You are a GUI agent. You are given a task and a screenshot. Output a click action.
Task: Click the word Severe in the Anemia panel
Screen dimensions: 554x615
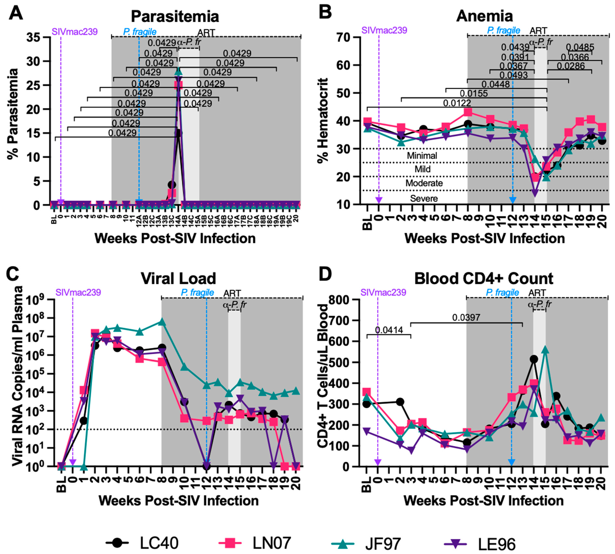[424, 198]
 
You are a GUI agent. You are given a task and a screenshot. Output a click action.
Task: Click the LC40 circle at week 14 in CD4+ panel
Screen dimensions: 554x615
[534, 359]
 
